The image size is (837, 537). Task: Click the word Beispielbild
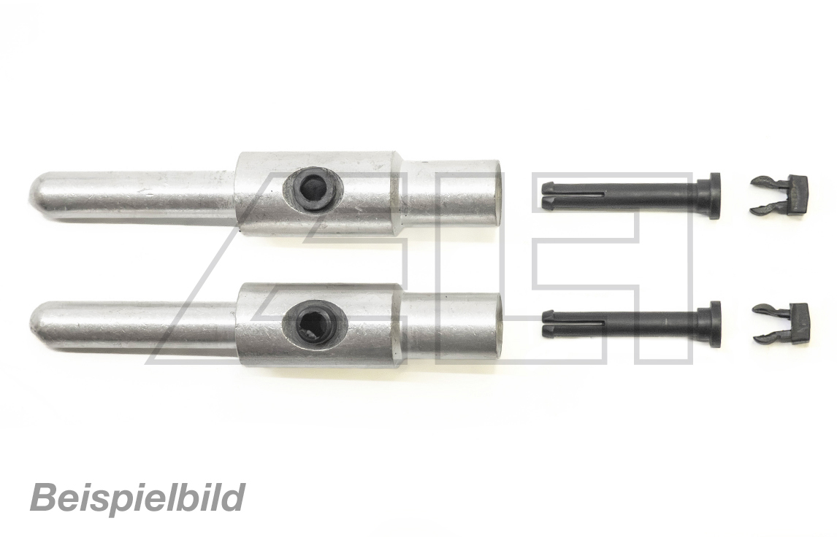[x=137, y=498]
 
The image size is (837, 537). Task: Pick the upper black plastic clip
[x=779, y=196]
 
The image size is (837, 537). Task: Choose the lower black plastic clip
[x=781, y=323]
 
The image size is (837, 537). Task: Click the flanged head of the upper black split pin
[x=711, y=196]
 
